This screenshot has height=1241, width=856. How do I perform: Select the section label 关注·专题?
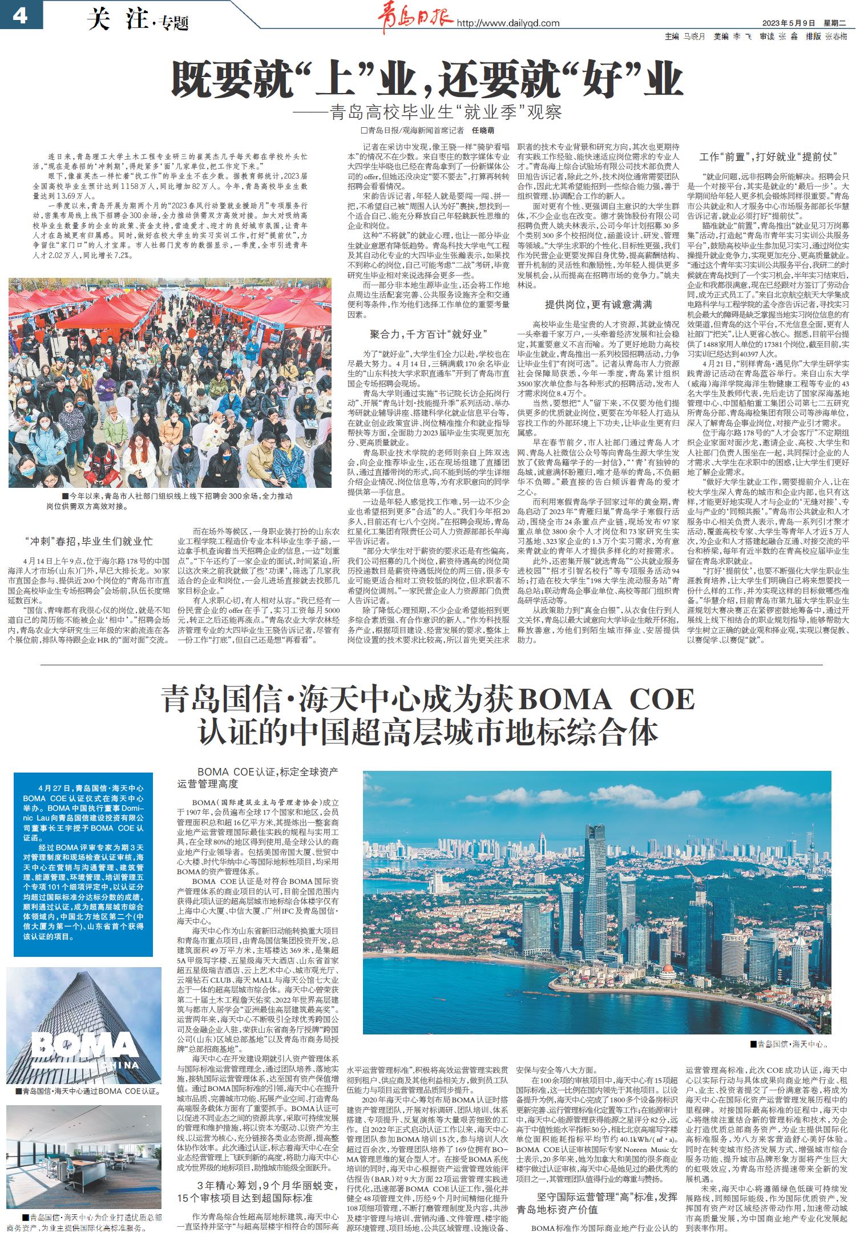(x=138, y=21)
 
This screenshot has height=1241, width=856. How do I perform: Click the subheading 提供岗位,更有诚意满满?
(x=598, y=304)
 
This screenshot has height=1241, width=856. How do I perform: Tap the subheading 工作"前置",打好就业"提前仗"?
(x=768, y=156)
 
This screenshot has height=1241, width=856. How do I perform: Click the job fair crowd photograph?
(x=169, y=382)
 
